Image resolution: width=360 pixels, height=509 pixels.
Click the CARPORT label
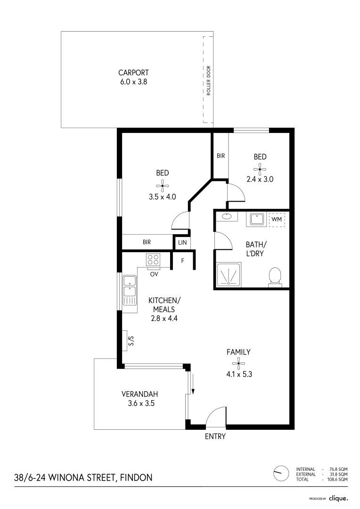134,73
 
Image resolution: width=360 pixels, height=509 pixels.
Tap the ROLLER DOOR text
209,81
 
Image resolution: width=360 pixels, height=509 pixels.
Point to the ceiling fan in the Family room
238,362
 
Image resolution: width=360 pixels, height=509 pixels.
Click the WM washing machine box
276,220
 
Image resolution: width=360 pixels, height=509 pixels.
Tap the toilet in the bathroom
274,277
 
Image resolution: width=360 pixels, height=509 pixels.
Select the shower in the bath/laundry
228,274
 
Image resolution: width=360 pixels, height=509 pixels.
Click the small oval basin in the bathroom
227,216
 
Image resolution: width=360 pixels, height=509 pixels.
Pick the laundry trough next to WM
256,220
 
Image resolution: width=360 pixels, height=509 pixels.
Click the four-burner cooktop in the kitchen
153,259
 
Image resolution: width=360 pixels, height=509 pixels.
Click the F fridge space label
182,260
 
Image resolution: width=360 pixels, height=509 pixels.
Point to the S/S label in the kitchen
131,341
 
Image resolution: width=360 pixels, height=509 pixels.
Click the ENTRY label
215,436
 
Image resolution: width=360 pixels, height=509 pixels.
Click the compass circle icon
281,472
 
